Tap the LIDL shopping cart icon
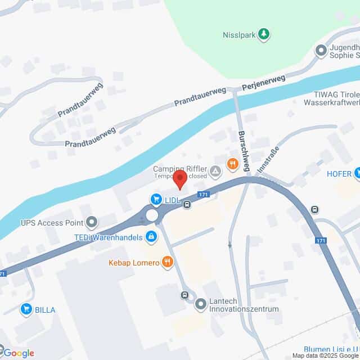(x=155, y=198)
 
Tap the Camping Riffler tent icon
(x=215, y=170)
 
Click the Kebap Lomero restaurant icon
(x=166, y=262)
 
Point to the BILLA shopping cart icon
(x=25, y=308)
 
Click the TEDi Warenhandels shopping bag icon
(x=150, y=238)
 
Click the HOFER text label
(x=339, y=174)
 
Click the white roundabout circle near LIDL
(x=152, y=215)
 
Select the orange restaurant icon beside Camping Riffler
(x=232, y=164)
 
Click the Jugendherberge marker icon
(x=321, y=51)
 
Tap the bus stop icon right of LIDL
(x=187, y=205)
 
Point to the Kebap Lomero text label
(x=133, y=262)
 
